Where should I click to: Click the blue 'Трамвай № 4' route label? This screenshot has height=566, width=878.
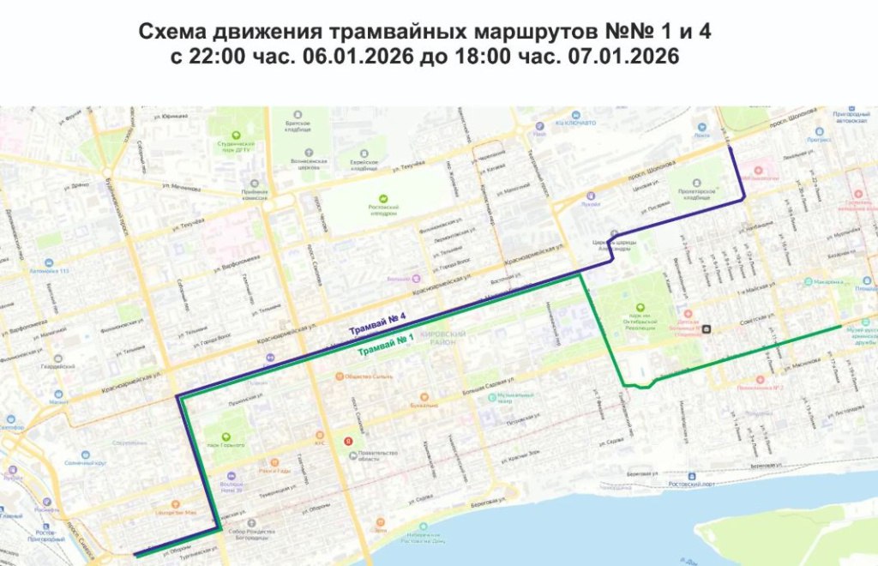pos(376,323)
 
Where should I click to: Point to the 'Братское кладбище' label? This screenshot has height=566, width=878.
pos(298,127)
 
